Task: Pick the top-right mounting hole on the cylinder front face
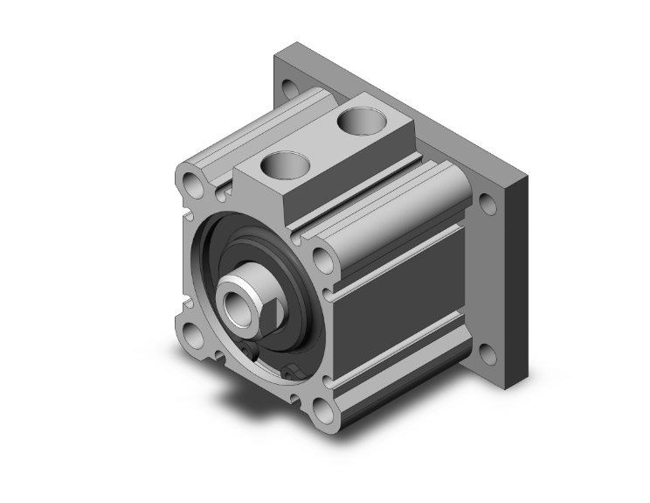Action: [x=322, y=260]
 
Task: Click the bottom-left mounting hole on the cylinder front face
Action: [x=190, y=334]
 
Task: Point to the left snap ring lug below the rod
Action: [x=251, y=353]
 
